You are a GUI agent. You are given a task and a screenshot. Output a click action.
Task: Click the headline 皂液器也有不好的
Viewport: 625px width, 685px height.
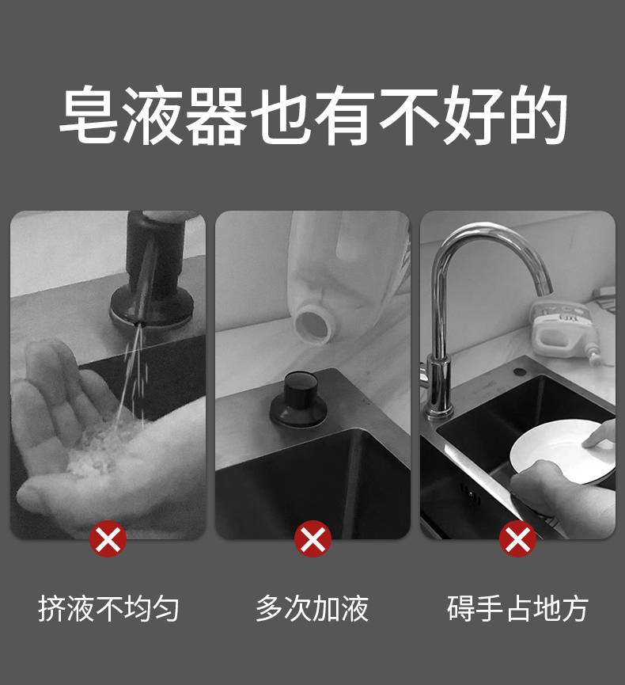click(x=312, y=115)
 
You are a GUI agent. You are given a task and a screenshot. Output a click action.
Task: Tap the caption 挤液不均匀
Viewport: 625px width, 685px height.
click(x=108, y=608)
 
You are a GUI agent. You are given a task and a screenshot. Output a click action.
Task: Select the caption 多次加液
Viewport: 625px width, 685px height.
click(x=312, y=608)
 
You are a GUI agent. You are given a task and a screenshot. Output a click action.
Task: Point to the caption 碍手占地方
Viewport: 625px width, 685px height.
click(x=517, y=608)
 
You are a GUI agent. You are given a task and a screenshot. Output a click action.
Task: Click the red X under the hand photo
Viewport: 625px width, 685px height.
click(x=108, y=539)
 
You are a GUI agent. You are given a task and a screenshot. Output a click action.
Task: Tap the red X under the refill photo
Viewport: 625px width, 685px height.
click(x=312, y=539)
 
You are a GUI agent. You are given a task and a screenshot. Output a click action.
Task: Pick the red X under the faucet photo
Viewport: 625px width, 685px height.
click(x=517, y=539)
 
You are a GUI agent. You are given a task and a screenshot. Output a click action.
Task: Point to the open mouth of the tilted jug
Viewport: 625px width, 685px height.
click(x=315, y=323)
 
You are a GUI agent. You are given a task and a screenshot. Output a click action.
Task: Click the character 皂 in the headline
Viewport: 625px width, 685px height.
click(x=89, y=115)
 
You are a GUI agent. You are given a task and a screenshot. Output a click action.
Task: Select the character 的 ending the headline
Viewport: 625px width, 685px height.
click(x=538, y=115)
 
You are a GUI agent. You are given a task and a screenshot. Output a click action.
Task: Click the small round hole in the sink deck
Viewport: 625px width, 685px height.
click(x=519, y=371)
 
